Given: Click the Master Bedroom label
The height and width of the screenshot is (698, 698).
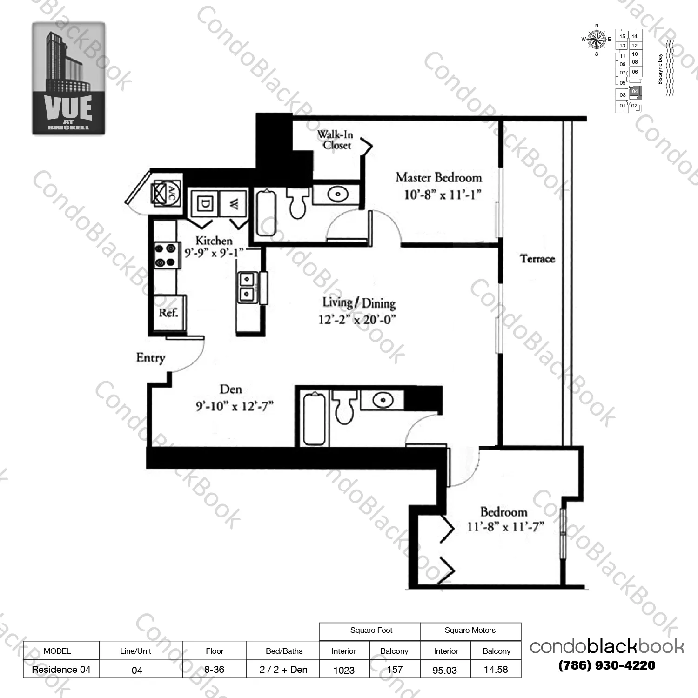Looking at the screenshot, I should click(x=438, y=178).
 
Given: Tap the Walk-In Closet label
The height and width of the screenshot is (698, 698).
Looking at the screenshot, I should click(x=336, y=140).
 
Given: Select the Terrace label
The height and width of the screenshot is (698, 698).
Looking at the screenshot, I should click(x=537, y=259).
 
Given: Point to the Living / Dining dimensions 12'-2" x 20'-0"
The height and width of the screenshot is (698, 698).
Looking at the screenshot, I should click(x=357, y=320).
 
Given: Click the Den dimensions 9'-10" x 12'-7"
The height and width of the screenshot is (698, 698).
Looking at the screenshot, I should click(x=234, y=406).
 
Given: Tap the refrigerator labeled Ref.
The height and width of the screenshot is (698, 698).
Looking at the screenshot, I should click(x=168, y=313).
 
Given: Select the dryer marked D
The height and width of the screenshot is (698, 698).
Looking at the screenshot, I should click(x=205, y=203).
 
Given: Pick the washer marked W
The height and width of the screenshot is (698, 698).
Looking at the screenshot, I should click(x=235, y=203).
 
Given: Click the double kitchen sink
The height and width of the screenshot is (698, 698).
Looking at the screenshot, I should click(x=247, y=287).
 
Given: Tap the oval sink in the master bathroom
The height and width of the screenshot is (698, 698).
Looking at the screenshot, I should click(x=338, y=194).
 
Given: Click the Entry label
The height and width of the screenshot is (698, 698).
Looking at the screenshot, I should click(x=150, y=357).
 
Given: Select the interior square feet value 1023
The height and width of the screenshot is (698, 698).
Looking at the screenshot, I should click(x=344, y=670).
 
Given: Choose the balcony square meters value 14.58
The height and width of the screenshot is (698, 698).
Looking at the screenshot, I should click(x=496, y=670).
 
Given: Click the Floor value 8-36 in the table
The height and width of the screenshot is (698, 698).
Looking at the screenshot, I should click(x=214, y=670).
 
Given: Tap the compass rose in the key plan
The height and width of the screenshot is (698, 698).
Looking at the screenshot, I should click(x=596, y=40).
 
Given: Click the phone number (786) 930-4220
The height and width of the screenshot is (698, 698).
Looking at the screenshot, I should click(x=606, y=665).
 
